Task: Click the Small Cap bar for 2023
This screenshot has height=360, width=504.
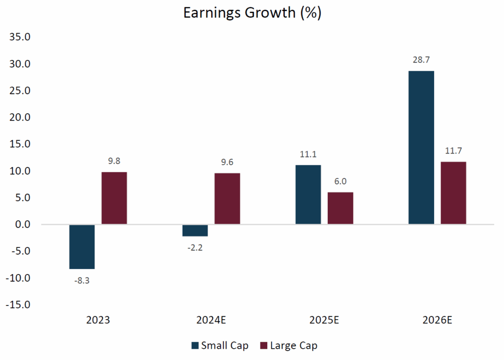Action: tap(82, 247)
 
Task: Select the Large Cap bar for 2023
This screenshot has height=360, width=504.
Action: tap(114, 198)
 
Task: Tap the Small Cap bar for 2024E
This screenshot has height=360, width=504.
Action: tap(195, 230)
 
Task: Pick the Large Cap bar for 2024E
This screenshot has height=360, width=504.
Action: tap(227, 199)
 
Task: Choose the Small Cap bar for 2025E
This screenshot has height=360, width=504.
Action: tap(308, 195)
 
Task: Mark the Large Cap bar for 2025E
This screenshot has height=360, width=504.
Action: tap(341, 209)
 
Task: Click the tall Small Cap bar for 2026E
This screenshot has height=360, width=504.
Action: tap(421, 148)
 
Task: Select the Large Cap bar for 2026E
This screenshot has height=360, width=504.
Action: tap(453, 193)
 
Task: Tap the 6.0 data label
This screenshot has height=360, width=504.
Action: tap(341, 182)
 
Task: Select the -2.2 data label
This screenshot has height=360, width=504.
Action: tap(195, 247)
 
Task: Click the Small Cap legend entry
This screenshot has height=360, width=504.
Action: tap(220, 346)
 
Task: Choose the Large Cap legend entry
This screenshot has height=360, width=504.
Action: tap(287, 346)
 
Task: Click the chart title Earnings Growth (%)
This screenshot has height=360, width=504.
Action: tap(252, 13)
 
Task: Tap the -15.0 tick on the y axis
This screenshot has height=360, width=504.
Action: tap(18, 305)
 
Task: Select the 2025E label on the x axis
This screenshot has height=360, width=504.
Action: tap(324, 321)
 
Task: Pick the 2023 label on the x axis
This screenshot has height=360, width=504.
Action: tap(98, 321)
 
